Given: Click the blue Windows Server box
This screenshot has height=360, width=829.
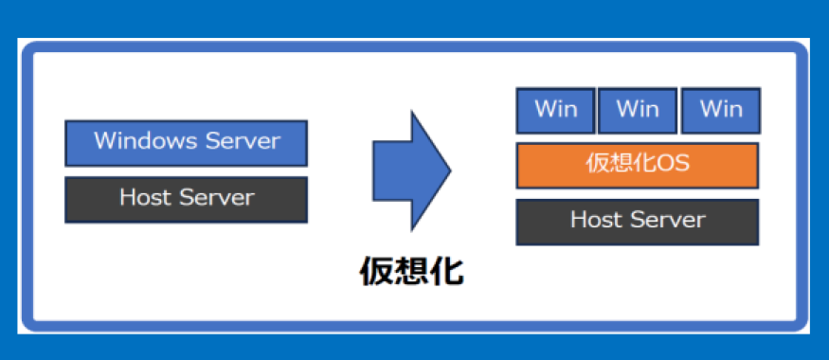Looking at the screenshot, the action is pos(186,143).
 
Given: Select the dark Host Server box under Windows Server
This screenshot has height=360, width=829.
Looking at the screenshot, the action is pos(186,200).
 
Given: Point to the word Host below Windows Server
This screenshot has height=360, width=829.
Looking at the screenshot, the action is pos(145,198).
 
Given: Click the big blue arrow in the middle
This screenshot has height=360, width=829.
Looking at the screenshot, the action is pos(412,171).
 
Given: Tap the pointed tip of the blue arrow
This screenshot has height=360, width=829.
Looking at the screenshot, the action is pos(451,171).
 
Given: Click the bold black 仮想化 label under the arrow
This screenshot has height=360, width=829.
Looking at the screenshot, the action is pos(412,272).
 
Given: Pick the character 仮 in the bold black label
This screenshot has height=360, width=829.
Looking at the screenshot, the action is pos(376,272).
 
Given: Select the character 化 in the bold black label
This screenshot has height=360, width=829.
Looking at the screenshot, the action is pos(447,272).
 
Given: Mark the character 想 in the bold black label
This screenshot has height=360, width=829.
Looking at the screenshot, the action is pos(412,272).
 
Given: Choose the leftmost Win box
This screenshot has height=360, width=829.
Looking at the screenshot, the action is pos(555,111).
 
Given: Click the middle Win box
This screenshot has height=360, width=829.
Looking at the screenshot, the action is pos(638,111).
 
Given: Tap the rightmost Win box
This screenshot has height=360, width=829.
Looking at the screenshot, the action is pos(721,111).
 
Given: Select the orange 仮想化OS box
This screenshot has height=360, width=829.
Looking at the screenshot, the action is pos(638,166).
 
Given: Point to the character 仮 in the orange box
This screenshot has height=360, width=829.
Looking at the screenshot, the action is pos(597,164).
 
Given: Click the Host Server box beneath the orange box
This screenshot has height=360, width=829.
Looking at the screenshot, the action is pos(638,222).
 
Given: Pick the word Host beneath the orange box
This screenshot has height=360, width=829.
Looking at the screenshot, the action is pos(596,220).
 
